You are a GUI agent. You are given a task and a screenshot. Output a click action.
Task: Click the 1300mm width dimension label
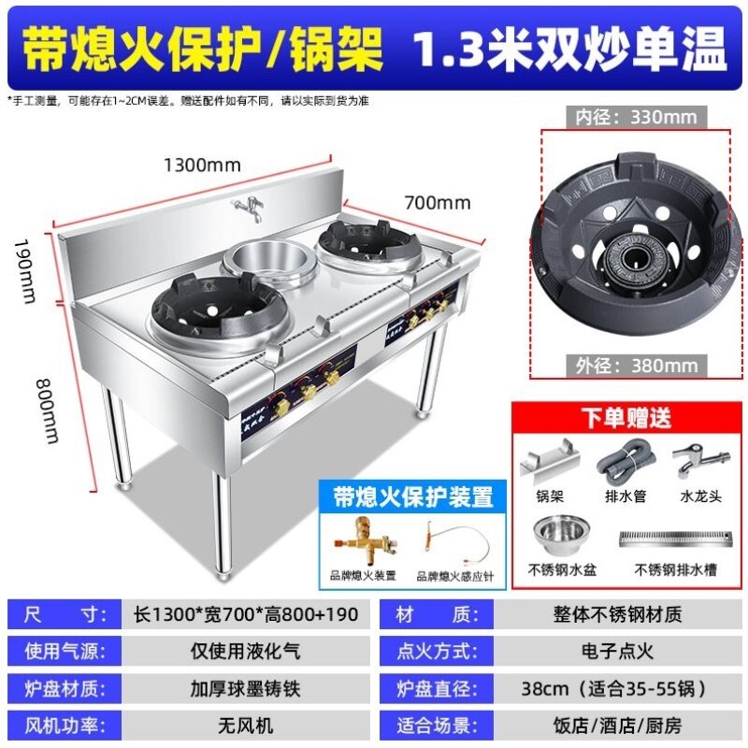tap(202, 165)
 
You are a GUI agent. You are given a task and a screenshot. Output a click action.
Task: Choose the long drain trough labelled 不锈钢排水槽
tap(673, 539)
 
